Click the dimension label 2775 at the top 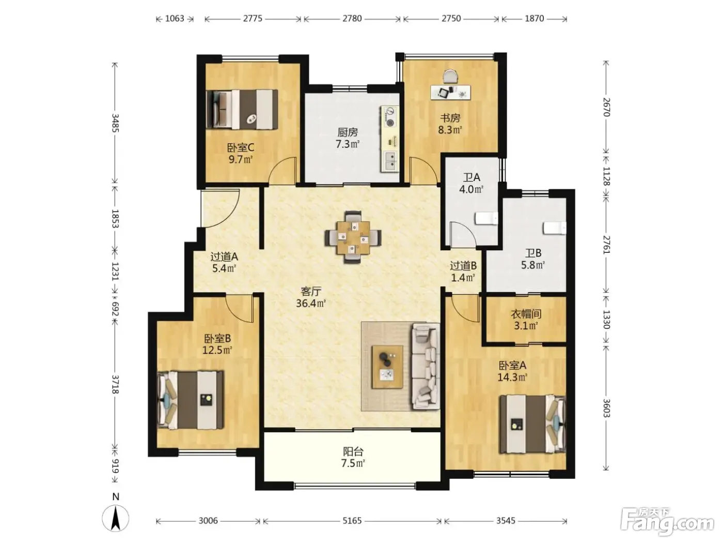click(x=253, y=19)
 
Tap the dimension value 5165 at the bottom click(x=352, y=521)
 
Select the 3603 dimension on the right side click(x=606, y=408)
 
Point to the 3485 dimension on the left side click(x=115, y=123)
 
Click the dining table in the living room click(x=353, y=237)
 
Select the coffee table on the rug click(x=387, y=367)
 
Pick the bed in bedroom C click(x=242, y=109)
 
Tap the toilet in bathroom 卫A click(x=486, y=219)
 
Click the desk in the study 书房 click(x=451, y=92)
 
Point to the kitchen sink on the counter click(x=390, y=160)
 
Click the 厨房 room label click(x=347, y=132)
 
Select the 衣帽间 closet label click(x=526, y=314)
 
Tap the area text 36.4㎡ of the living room click(x=310, y=303)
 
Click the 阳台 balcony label click(x=353, y=451)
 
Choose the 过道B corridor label click(x=463, y=265)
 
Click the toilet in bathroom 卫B click(x=555, y=228)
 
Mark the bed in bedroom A click(x=532, y=425)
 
